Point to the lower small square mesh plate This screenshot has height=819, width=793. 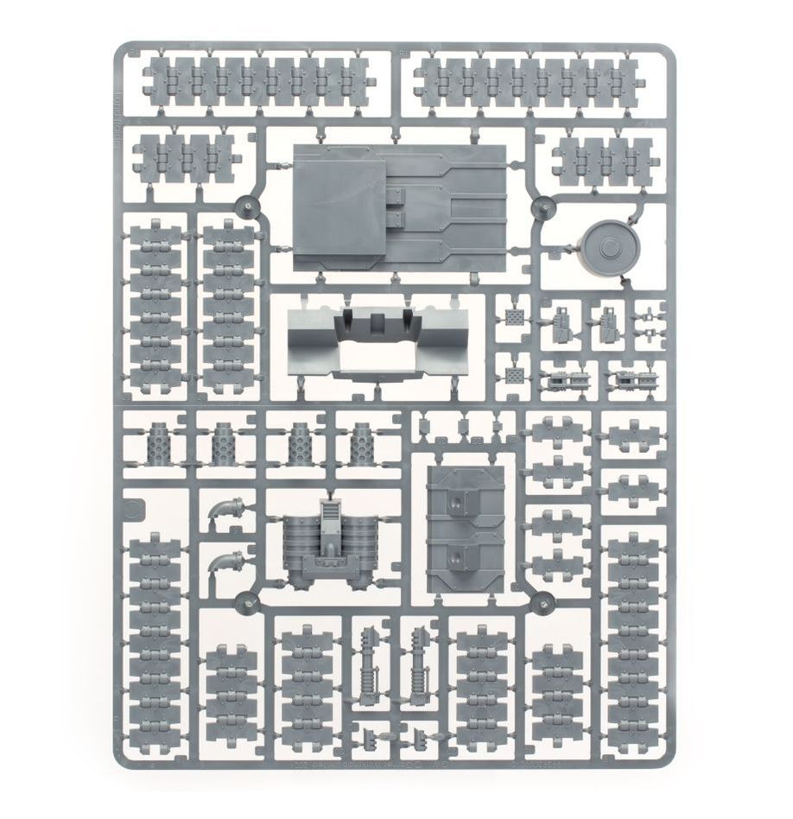coord(515,378)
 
